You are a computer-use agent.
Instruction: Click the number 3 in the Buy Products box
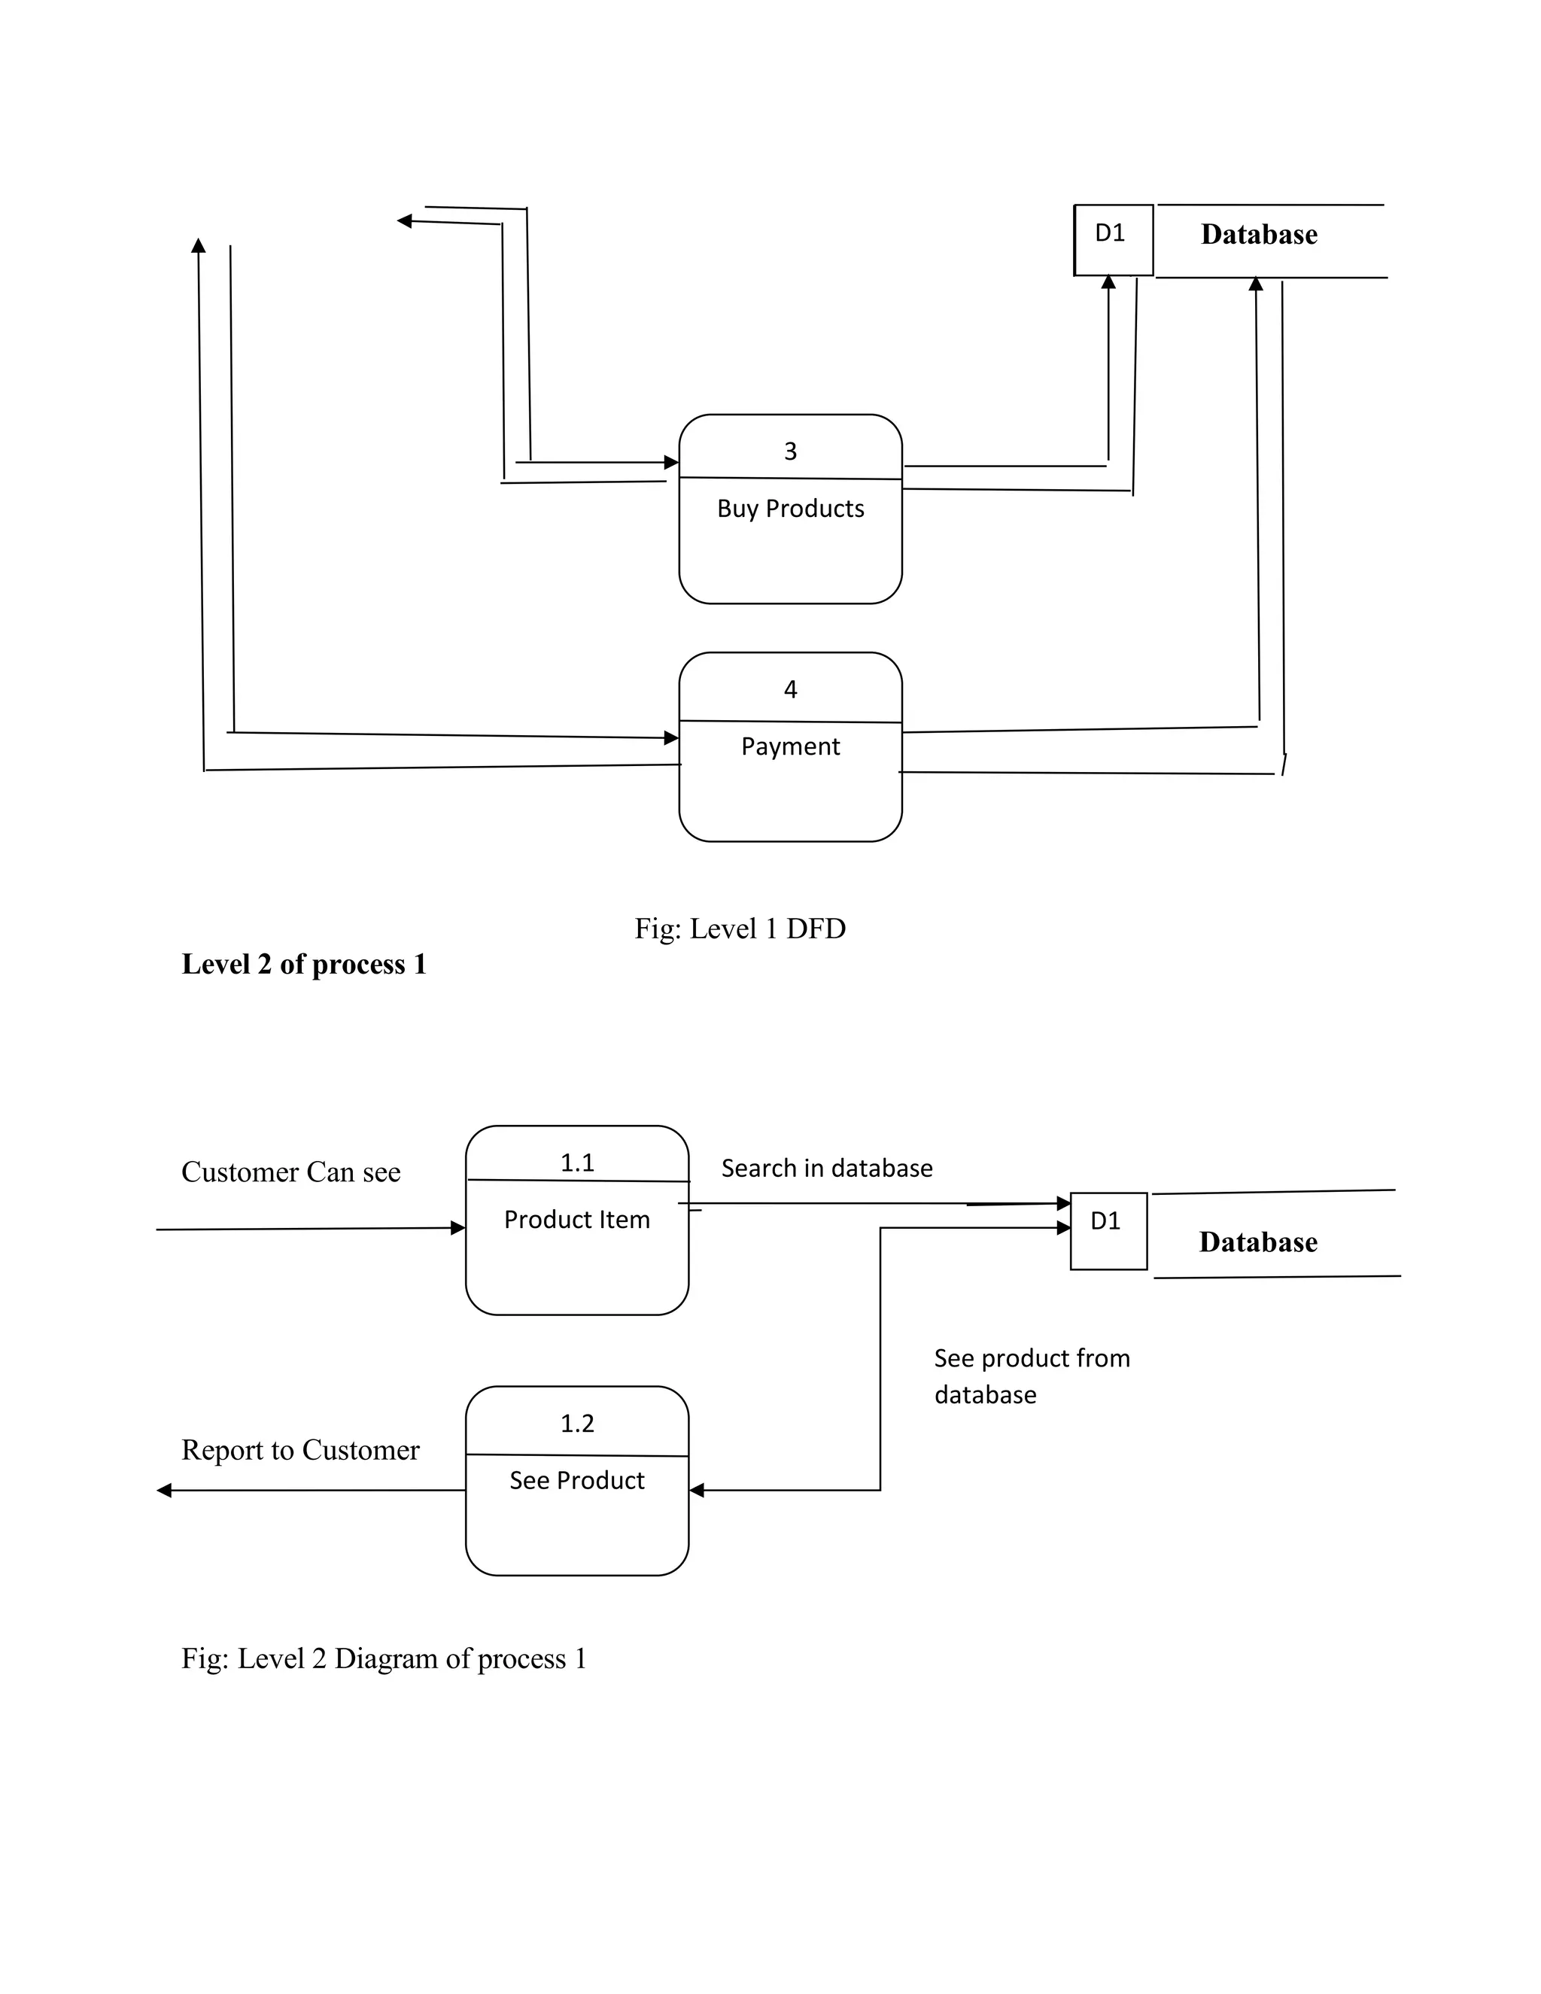(x=791, y=451)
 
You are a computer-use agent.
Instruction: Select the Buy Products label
(x=791, y=509)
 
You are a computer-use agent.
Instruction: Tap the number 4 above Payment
(x=791, y=689)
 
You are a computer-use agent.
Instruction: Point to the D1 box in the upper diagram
(x=1113, y=239)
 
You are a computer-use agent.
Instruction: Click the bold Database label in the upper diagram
(x=1259, y=235)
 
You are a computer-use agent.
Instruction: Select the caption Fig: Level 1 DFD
(x=740, y=929)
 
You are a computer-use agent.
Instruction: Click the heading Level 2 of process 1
(x=304, y=964)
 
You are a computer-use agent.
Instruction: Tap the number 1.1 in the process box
(x=577, y=1163)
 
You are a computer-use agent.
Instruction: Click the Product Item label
(x=577, y=1220)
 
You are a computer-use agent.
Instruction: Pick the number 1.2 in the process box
(x=577, y=1424)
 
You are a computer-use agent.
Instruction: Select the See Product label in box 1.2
(x=577, y=1480)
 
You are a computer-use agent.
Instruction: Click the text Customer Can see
(x=291, y=1172)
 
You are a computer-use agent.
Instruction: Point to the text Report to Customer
(x=300, y=1450)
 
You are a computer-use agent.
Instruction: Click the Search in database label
(x=827, y=1169)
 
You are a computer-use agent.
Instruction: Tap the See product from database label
(x=1032, y=1376)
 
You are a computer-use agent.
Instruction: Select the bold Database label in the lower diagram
(x=1258, y=1242)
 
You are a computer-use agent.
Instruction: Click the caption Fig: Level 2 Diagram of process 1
(x=384, y=1658)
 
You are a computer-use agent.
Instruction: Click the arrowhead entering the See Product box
(x=697, y=1491)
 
